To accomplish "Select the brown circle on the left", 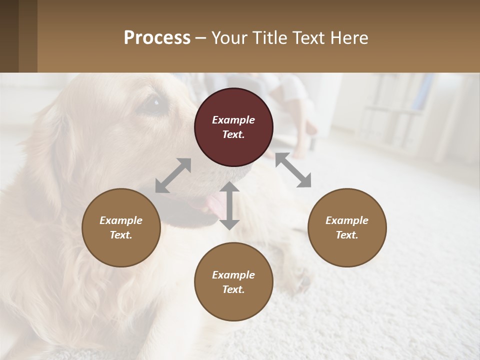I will pyautogui.click(x=121, y=227).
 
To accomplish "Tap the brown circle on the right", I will pyautogui.click(x=347, y=227).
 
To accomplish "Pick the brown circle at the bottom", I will pyautogui.click(x=233, y=281).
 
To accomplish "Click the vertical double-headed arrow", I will pyautogui.click(x=229, y=205).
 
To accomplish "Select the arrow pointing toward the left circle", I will pyautogui.click(x=173, y=175).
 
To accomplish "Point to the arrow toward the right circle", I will pyautogui.click(x=293, y=170).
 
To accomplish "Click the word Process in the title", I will pyautogui.click(x=157, y=37).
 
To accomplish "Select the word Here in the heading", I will pyautogui.click(x=350, y=37).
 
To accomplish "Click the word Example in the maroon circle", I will pyautogui.click(x=233, y=120).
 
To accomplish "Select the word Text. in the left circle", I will pyautogui.click(x=121, y=235).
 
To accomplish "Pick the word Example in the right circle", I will pyautogui.click(x=347, y=220).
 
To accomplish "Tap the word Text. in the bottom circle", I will pyautogui.click(x=233, y=289).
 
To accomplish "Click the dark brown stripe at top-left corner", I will pyautogui.click(x=9, y=36).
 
